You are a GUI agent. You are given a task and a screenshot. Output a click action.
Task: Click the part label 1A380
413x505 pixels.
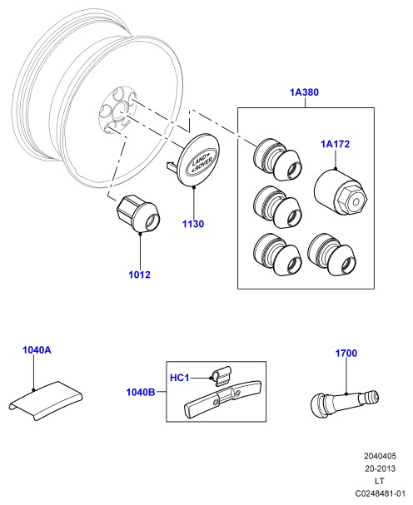click(x=304, y=92)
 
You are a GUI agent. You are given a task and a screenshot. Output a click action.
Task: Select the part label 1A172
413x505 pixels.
click(x=335, y=144)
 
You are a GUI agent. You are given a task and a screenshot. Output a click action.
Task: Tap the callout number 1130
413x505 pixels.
click(x=193, y=224)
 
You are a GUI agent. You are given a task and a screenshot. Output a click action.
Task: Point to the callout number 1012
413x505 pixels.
click(x=140, y=275)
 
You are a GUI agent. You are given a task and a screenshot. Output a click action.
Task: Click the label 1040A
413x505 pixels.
click(x=37, y=350)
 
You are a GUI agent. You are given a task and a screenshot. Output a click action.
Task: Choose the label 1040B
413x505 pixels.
click(x=141, y=393)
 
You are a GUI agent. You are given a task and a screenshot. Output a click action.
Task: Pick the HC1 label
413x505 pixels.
click(x=180, y=378)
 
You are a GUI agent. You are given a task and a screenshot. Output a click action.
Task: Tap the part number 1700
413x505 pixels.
click(x=346, y=354)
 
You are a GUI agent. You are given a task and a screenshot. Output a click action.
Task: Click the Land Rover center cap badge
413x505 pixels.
click(x=198, y=161)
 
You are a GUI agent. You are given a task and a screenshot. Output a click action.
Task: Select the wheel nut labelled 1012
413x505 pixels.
click(x=137, y=213)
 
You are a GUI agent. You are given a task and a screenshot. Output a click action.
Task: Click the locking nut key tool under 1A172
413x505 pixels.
click(x=341, y=191)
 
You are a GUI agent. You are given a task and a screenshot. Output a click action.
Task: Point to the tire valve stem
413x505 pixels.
click(x=345, y=404)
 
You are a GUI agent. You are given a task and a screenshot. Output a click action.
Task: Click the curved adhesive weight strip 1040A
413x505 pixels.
click(x=46, y=400)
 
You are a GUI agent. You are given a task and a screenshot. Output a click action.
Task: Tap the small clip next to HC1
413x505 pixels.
click(x=221, y=376)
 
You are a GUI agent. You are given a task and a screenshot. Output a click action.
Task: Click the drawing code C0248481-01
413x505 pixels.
click(x=380, y=493)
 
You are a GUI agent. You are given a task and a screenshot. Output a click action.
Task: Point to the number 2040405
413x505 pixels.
click(x=381, y=456)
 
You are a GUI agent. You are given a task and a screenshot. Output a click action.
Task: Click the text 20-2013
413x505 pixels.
click(x=381, y=468)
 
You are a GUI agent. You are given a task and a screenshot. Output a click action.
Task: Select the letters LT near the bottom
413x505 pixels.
click(x=380, y=481)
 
